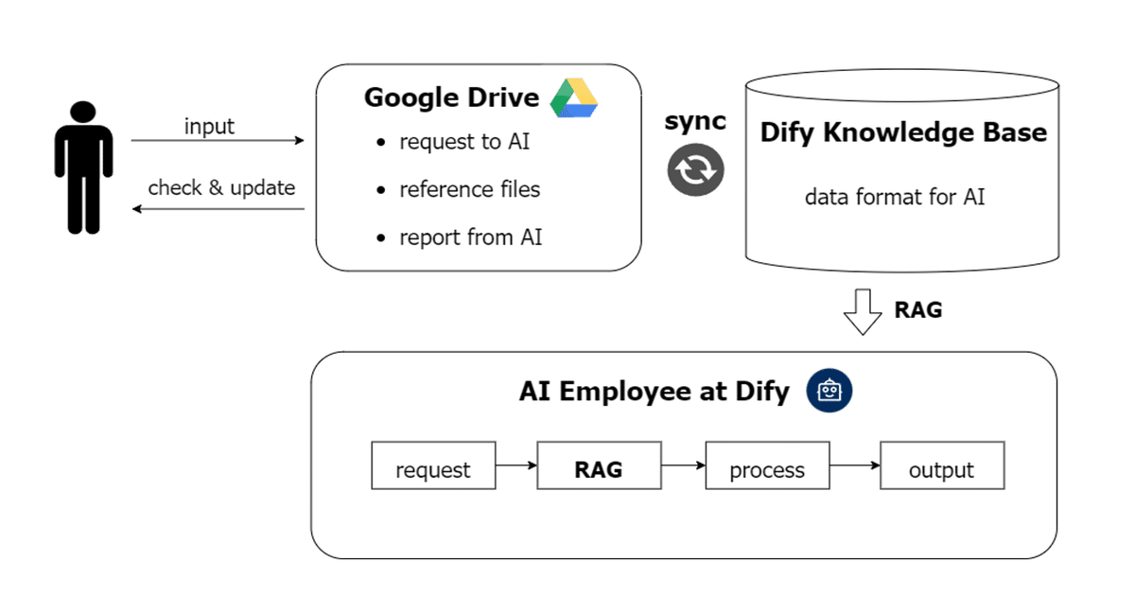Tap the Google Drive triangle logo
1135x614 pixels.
[x=574, y=98]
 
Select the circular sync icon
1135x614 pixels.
[x=696, y=169]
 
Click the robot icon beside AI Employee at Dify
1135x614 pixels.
[x=829, y=392]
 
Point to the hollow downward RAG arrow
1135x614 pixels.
[x=862, y=312]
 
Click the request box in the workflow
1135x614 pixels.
[x=433, y=465]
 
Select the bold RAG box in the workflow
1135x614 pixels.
[x=599, y=465]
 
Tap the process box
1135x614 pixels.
[x=767, y=465]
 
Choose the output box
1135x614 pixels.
[x=942, y=465]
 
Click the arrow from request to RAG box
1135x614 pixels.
[x=515, y=465]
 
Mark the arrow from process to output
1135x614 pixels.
[x=854, y=465]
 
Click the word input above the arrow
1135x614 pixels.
[x=209, y=127]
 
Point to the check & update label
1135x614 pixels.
[x=221, y=187]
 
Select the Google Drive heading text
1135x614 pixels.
[x=451, y=97]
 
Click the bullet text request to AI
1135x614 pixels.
[x=464, y=142]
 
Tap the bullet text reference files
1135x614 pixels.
[x=469, y=189]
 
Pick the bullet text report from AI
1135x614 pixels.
[x=470, y=237]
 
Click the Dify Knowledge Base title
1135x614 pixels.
[x=903, y=132]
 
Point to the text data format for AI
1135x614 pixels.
[x=895, y=198]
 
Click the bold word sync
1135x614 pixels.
[x=695, y=121]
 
